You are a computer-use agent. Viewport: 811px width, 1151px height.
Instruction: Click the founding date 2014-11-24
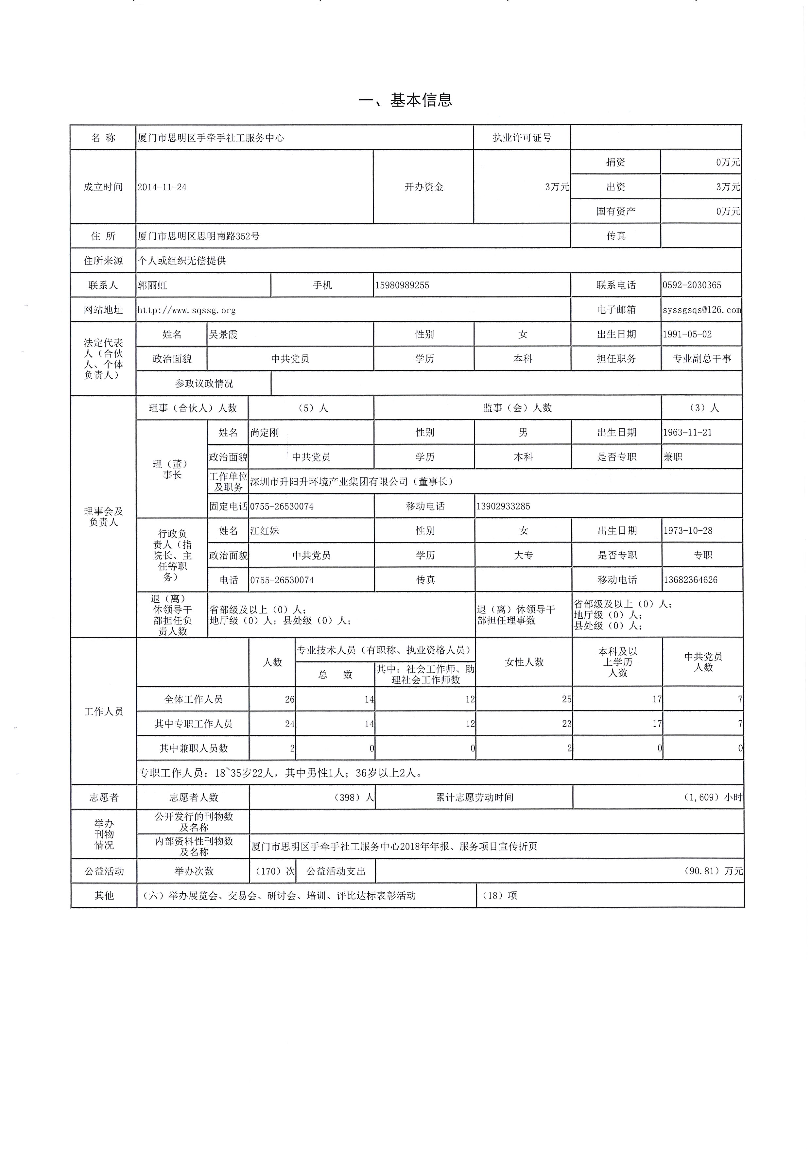tap(162, 187)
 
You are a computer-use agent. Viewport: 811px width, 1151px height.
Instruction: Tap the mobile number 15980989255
tap(402, 285)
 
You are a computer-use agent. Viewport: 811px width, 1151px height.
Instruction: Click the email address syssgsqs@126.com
tap(701, 310)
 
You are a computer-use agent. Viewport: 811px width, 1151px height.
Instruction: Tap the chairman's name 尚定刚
tap(264, 433)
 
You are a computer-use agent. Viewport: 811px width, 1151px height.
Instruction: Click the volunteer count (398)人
tap(354, 798)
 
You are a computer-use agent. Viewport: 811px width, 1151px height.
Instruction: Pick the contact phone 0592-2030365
tap(692, 285)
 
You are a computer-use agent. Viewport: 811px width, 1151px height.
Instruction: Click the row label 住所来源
tap(103, 261)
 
